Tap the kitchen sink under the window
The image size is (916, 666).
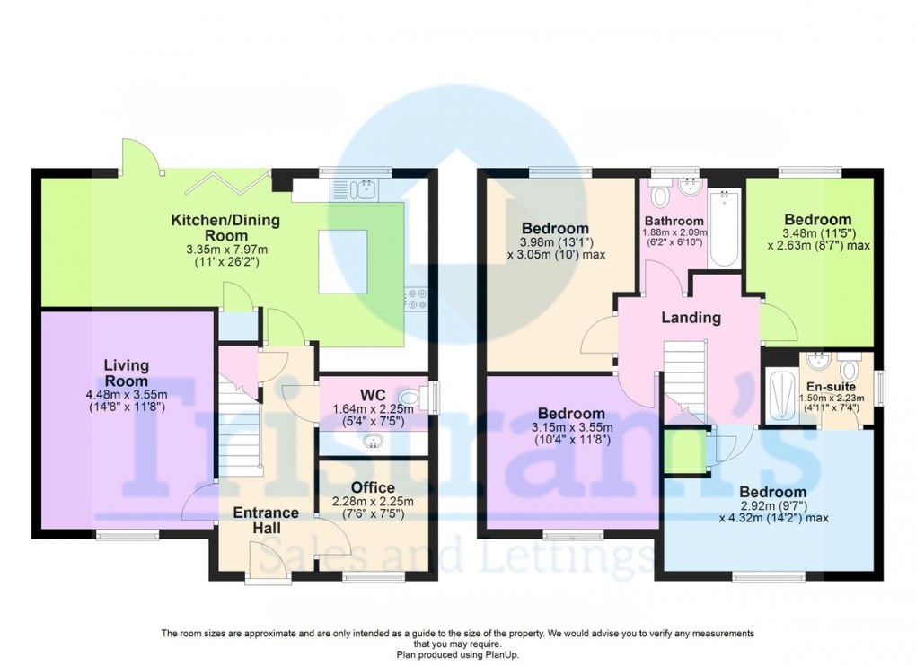tap(366, 188)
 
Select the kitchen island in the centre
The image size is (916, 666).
tap(345, 259)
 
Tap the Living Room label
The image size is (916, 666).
tap(126, 373)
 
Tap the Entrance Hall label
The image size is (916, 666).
tap(266, 521)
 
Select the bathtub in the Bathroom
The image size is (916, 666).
tap(724, 229)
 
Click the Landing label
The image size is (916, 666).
tap(691, 318)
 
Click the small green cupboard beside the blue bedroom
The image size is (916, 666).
tap(683, 450)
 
